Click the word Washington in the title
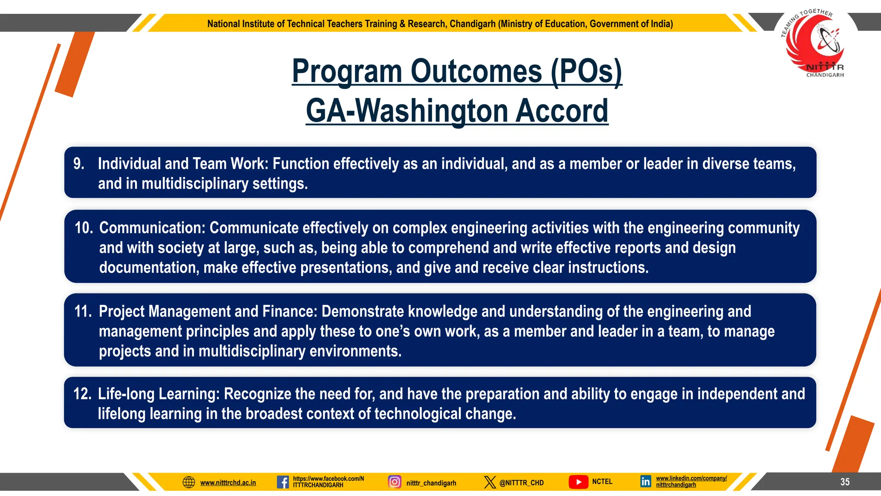pos(433,111)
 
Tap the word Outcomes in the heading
pos(476,71)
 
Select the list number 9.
pos(79,164)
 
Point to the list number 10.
pos(83,228)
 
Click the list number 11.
pos(83,312)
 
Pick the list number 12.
pos(82,394)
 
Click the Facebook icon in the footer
pos(283,482)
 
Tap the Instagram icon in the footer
pos(394,481)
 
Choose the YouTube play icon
pos(578,482)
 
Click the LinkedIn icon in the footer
pos(645,481)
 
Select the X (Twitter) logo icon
pos(490,482)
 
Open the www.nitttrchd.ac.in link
pos(228,483)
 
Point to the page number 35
pos(845,482)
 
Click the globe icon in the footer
pos(189,482)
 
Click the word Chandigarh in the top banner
pos(472,24)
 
